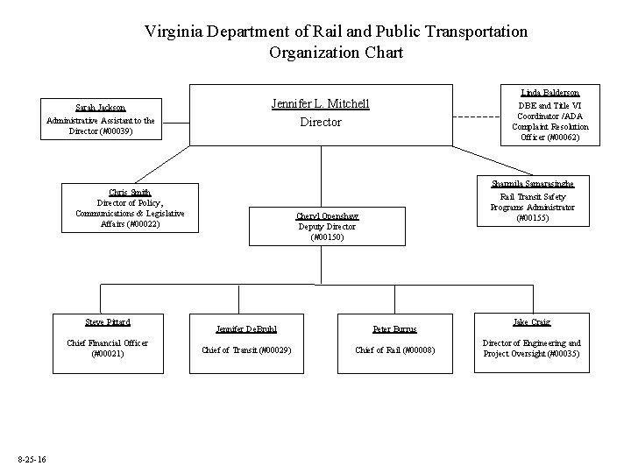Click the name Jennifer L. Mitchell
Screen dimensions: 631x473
[320, 104]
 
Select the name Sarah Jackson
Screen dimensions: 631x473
[100, 107]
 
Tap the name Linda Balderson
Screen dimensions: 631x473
[549, 92]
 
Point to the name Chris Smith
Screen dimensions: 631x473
[130, 192]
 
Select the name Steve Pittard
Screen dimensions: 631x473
[106, 321]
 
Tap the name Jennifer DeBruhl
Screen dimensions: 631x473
[246, 329]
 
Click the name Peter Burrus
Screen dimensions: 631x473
[393, 329]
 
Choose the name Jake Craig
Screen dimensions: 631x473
[532, 321]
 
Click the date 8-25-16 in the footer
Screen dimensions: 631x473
[32, 461]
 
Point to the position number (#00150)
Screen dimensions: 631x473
[327, 236]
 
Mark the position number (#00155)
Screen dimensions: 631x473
[532, 217]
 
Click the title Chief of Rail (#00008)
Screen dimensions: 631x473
[393, 350]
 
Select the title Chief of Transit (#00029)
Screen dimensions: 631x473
[246, 350]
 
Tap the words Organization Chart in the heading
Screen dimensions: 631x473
[337, 53]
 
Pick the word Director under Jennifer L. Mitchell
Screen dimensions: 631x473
[321, 123]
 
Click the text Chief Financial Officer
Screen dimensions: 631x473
[106, 342]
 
